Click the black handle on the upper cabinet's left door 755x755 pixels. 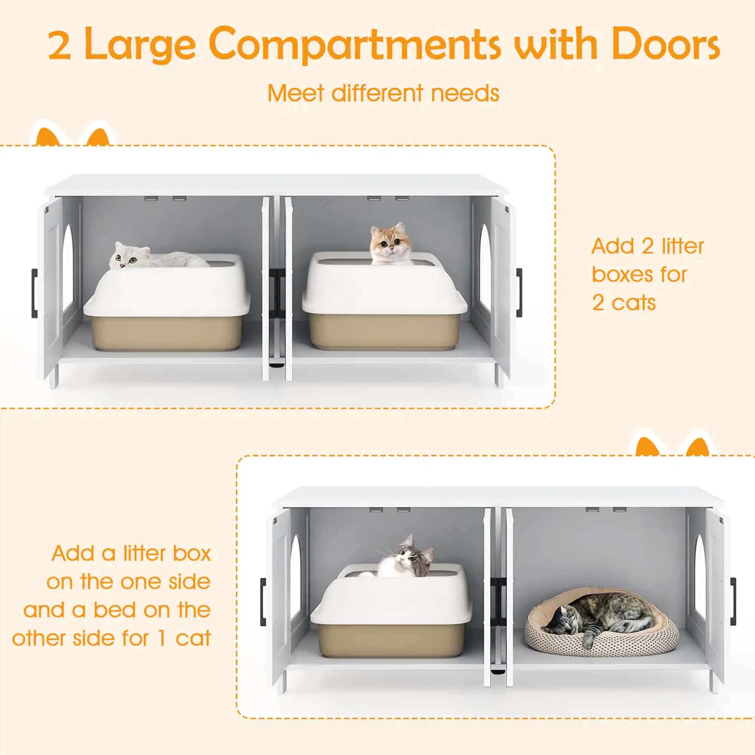click(34, 293)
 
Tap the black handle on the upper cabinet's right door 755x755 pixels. click(519, 292)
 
